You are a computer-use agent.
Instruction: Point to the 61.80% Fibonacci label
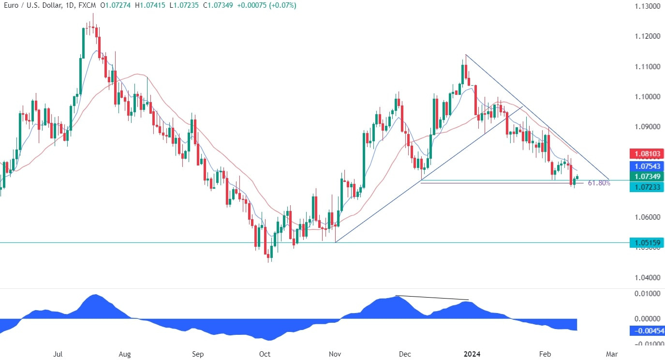pyautogui.click(x=599, y=183)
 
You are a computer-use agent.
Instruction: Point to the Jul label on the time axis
pyautogui.click(x=58, y=354)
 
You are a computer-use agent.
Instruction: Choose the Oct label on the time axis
pyautogui.click(x=265, y=354)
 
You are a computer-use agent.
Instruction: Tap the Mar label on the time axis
pyautogui.click(x=612, y=354)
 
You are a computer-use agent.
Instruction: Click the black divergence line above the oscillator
pyautogui.click(x=432, y=298)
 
